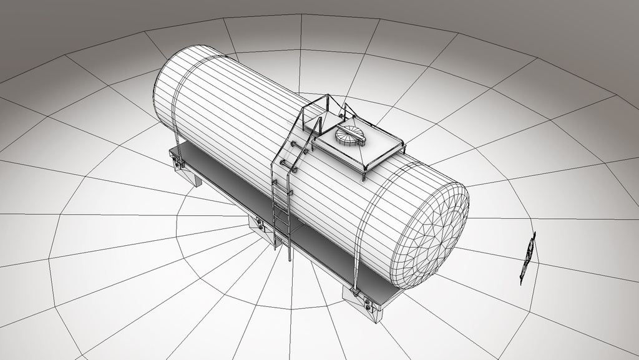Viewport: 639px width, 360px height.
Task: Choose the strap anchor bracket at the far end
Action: (178, 163)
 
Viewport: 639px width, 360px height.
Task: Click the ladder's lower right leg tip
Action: (289, 258)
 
